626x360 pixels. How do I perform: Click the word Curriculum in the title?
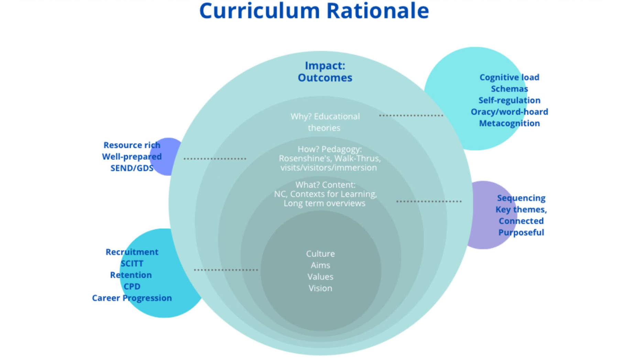[260, 11]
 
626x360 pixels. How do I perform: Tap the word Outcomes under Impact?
[325, 78]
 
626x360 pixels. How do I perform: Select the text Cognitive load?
[509, 77]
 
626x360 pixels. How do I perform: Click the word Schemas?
[509, 89]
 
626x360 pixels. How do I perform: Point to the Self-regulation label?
[509, 100]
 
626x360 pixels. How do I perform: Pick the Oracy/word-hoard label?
[509, 112]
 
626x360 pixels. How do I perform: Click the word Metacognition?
[509, 123]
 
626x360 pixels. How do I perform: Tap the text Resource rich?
[132, 145]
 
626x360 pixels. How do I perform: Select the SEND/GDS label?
[132, 168]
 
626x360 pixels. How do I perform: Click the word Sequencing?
[521, 198]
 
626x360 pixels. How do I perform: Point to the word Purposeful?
[521, 233]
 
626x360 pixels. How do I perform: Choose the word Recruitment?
[132, 252]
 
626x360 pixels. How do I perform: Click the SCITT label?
[132, 263]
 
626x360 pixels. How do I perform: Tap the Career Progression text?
[132, 298]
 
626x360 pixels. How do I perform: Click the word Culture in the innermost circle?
[320, 254]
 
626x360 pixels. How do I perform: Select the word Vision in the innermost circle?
[320, 288]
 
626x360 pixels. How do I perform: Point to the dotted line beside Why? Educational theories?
[411, 116]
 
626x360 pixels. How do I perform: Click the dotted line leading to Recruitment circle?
[226, 270]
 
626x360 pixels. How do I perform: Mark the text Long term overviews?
[324, 203]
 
